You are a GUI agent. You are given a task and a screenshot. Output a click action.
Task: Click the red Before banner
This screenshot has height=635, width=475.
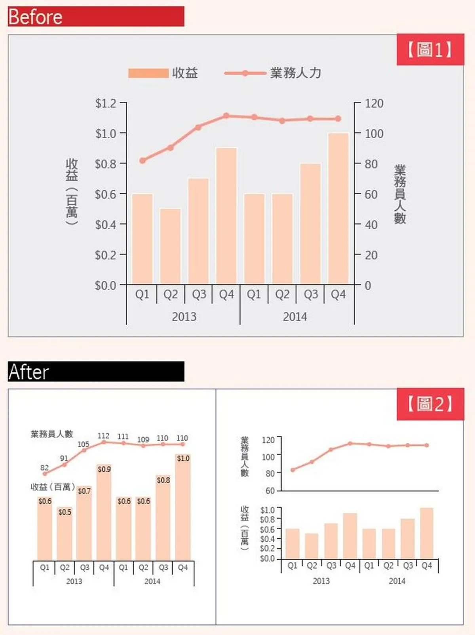point(96,17)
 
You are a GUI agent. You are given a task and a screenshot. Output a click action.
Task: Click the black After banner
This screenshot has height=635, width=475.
point(96,372)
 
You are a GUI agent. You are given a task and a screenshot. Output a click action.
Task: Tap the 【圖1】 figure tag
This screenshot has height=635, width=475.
point(430,50)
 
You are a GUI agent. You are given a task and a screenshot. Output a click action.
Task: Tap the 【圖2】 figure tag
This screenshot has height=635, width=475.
point(430,404)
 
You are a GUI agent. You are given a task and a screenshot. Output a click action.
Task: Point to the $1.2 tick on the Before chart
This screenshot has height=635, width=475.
point(106,103)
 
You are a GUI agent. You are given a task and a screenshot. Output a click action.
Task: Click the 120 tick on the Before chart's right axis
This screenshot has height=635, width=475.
point(374,103)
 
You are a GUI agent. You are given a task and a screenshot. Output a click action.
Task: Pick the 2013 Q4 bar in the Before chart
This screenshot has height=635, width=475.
point(226,216)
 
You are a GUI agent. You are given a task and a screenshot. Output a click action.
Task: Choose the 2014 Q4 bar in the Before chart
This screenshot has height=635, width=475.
point(338,209)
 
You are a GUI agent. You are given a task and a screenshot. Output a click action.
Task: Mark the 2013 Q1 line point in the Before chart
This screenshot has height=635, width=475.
point(142,160)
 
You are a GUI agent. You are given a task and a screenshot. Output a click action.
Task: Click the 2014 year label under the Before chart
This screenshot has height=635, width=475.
point(295,317)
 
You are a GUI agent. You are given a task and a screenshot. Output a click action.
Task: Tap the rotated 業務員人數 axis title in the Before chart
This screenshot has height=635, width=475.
point(400,194)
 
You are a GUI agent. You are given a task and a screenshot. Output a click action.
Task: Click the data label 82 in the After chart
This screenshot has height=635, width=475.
point(44,467)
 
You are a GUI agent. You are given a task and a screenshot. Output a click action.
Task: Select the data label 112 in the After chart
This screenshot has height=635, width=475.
point(103,436)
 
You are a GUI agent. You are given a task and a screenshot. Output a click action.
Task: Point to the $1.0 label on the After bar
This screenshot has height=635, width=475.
point(183,458)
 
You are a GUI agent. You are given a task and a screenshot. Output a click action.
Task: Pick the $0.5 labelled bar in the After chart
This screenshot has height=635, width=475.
point(65,533)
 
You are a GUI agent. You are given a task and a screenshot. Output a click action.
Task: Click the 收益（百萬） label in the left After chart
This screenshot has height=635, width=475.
point(53,487)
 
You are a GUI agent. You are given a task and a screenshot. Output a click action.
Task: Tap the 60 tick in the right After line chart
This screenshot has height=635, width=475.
point(270,491)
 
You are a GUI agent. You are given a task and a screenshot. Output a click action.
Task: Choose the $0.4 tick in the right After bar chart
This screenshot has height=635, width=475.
point(267,539)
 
